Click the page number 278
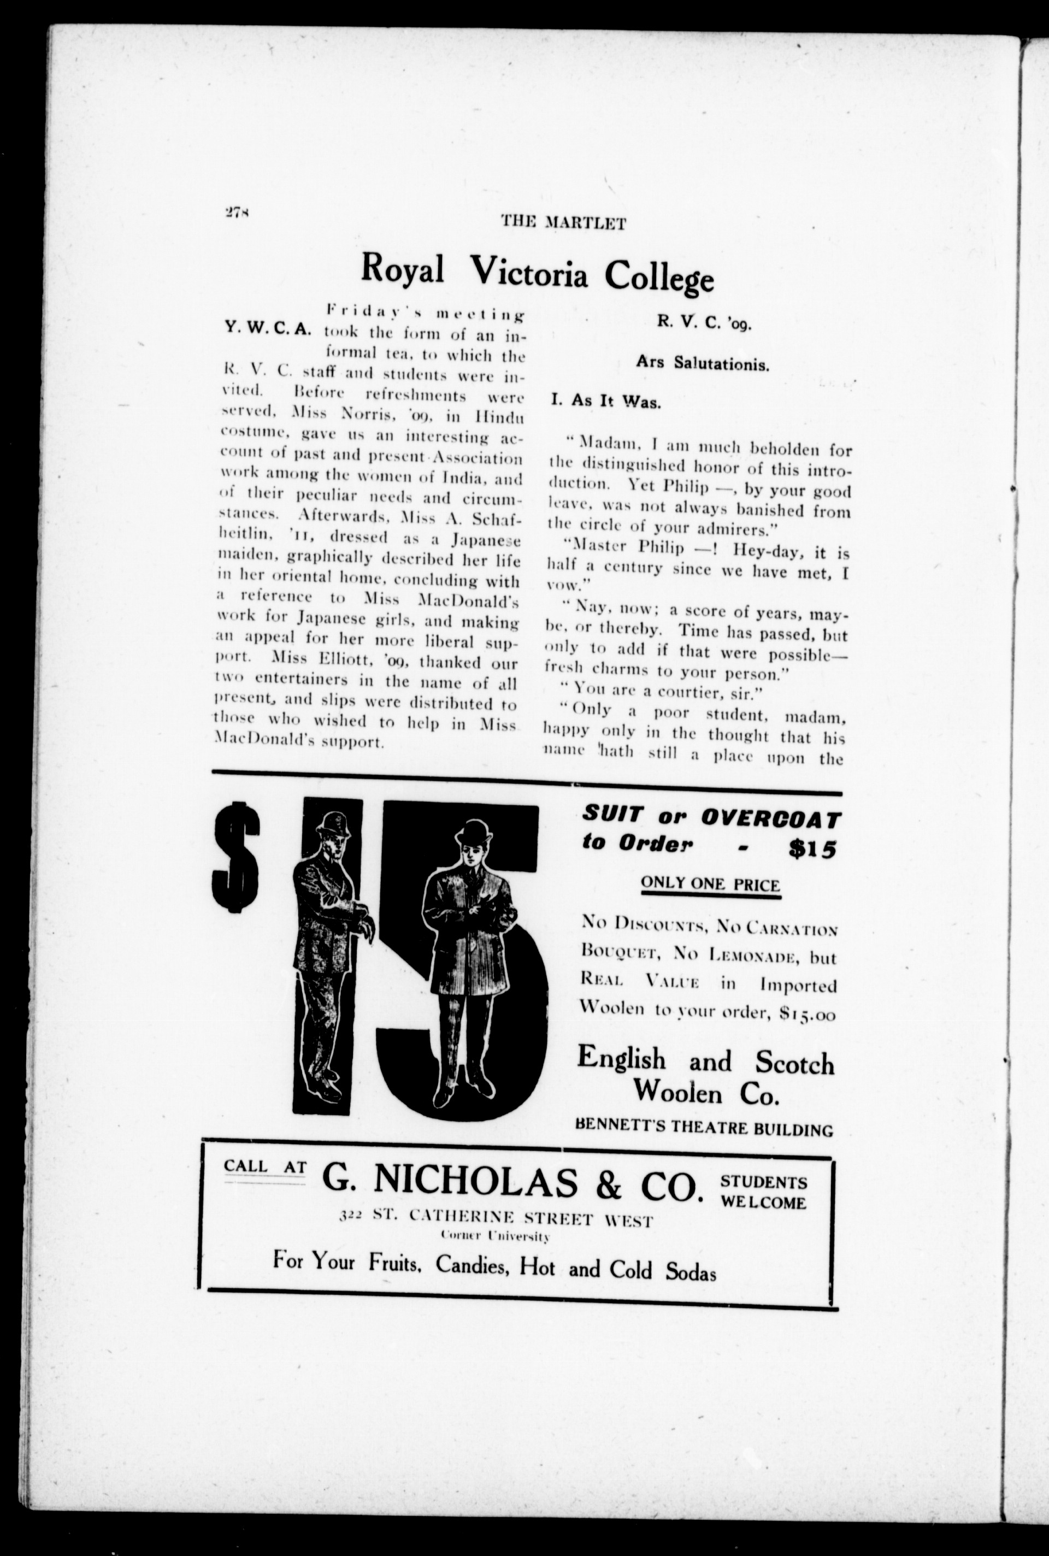click(237, 213)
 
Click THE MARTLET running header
click(563, 223)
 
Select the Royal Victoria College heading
click(537, 272)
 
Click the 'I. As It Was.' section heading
click(605, 402)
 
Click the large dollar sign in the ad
click(235, 858)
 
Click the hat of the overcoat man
click(473, 832)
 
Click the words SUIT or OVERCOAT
click(711, 817)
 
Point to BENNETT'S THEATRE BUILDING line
click(704, 1130)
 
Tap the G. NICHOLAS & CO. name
click(513, 1182)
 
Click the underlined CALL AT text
click(265, 1166)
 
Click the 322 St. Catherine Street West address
click(496, 1220)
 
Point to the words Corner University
click(495, 1236)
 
